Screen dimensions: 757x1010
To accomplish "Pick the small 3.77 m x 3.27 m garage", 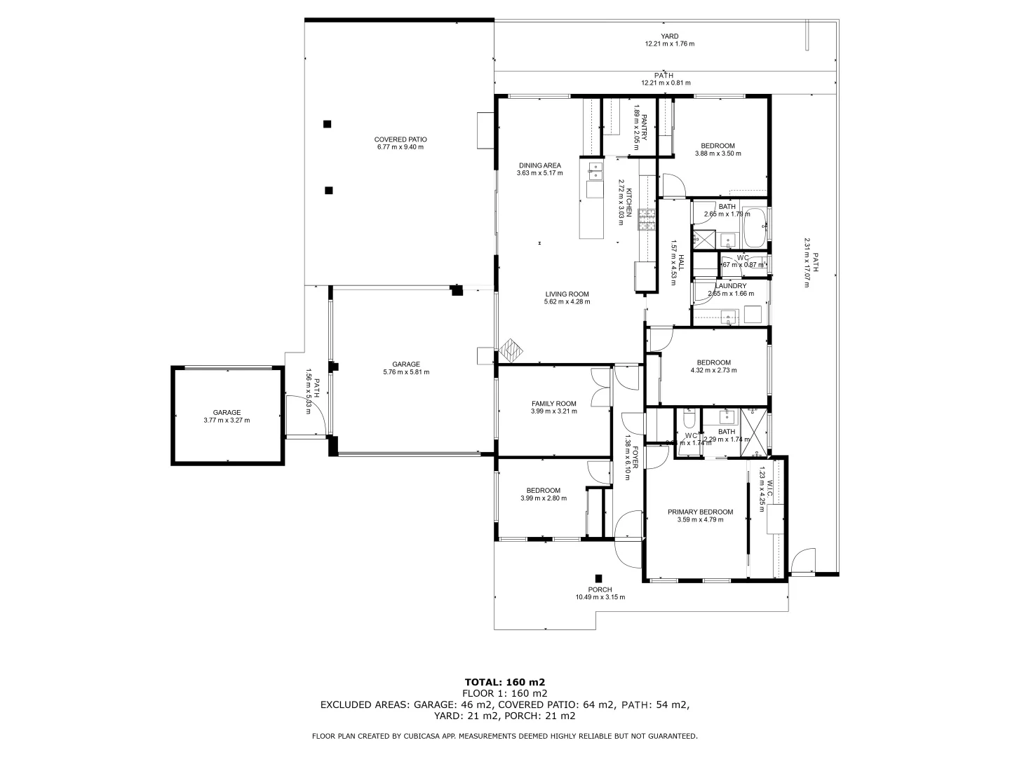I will pyautogui.click(x=227, y=416).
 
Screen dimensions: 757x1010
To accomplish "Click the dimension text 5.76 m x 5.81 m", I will pyautogui.click(x=406, y=372).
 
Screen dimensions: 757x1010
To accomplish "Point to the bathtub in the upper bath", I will pyautogui.click(x=755, y=227).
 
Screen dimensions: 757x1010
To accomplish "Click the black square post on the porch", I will pyautogui.click(x=598, y=578).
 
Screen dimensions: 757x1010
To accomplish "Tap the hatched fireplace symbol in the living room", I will pyautogui.click(x=513, y=350).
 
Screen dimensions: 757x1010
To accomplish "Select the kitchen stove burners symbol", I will pyautogui.click(x=646, y=220).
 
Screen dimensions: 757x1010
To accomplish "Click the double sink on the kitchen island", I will pyautogui.click(x=594, y=172).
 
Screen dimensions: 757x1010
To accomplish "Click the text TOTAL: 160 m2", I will pyautogui.click(x=505, y=681).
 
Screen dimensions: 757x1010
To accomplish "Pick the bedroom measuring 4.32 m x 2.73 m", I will pyautogui.click(x=713, y=366).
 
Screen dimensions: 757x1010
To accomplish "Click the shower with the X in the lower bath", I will pyautogui.click(x=755, y=433).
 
